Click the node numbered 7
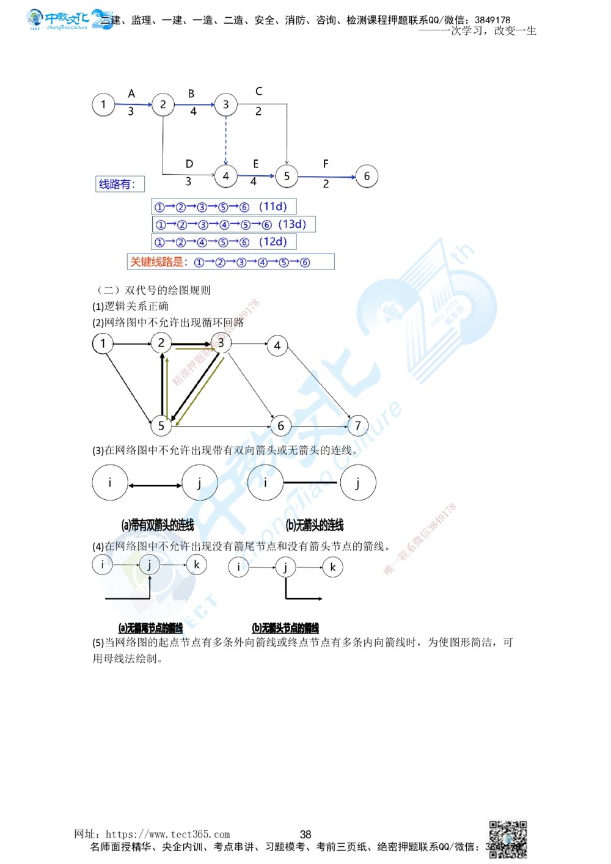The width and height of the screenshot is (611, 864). [358, 425]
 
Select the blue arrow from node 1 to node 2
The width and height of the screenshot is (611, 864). [133, 104]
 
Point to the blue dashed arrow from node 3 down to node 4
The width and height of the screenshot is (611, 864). [226, 140]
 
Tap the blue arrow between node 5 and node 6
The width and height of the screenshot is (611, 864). [326, 177]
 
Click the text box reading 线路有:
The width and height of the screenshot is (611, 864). [120, 185]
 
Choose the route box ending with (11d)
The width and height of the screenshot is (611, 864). [224, 207]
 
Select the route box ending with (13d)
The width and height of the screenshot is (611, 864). [233, 224]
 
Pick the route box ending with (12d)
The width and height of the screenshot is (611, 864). [224, 242]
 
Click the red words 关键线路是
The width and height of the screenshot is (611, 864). [156, 262]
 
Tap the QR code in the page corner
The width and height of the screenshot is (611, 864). [508, 839]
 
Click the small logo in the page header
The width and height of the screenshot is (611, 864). [70, 20]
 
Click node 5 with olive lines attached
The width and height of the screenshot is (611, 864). [161, 425]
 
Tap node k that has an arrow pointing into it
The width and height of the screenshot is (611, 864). [196, 564]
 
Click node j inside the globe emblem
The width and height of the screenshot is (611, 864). [149, 565]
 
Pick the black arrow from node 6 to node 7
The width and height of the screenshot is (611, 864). [319, 426]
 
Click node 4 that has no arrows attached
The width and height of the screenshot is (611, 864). [277, 346]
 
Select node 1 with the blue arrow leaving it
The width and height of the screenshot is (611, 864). [103, 104]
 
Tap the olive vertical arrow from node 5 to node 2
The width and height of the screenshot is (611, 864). [166, 385]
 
